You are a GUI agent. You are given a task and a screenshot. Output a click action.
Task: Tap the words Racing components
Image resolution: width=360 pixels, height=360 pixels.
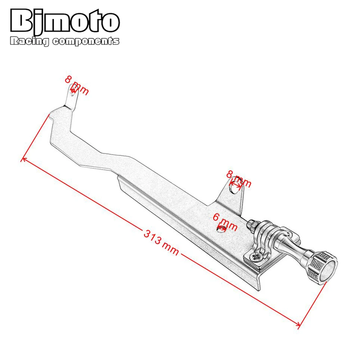tap(65, 41)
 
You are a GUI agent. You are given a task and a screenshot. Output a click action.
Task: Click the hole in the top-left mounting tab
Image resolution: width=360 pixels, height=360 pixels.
tap(73, 91)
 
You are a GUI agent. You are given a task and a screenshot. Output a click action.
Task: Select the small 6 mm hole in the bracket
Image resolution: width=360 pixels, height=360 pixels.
tap(221, 229)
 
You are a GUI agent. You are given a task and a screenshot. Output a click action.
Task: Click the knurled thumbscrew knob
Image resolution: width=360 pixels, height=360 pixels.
tap(323, 266)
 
